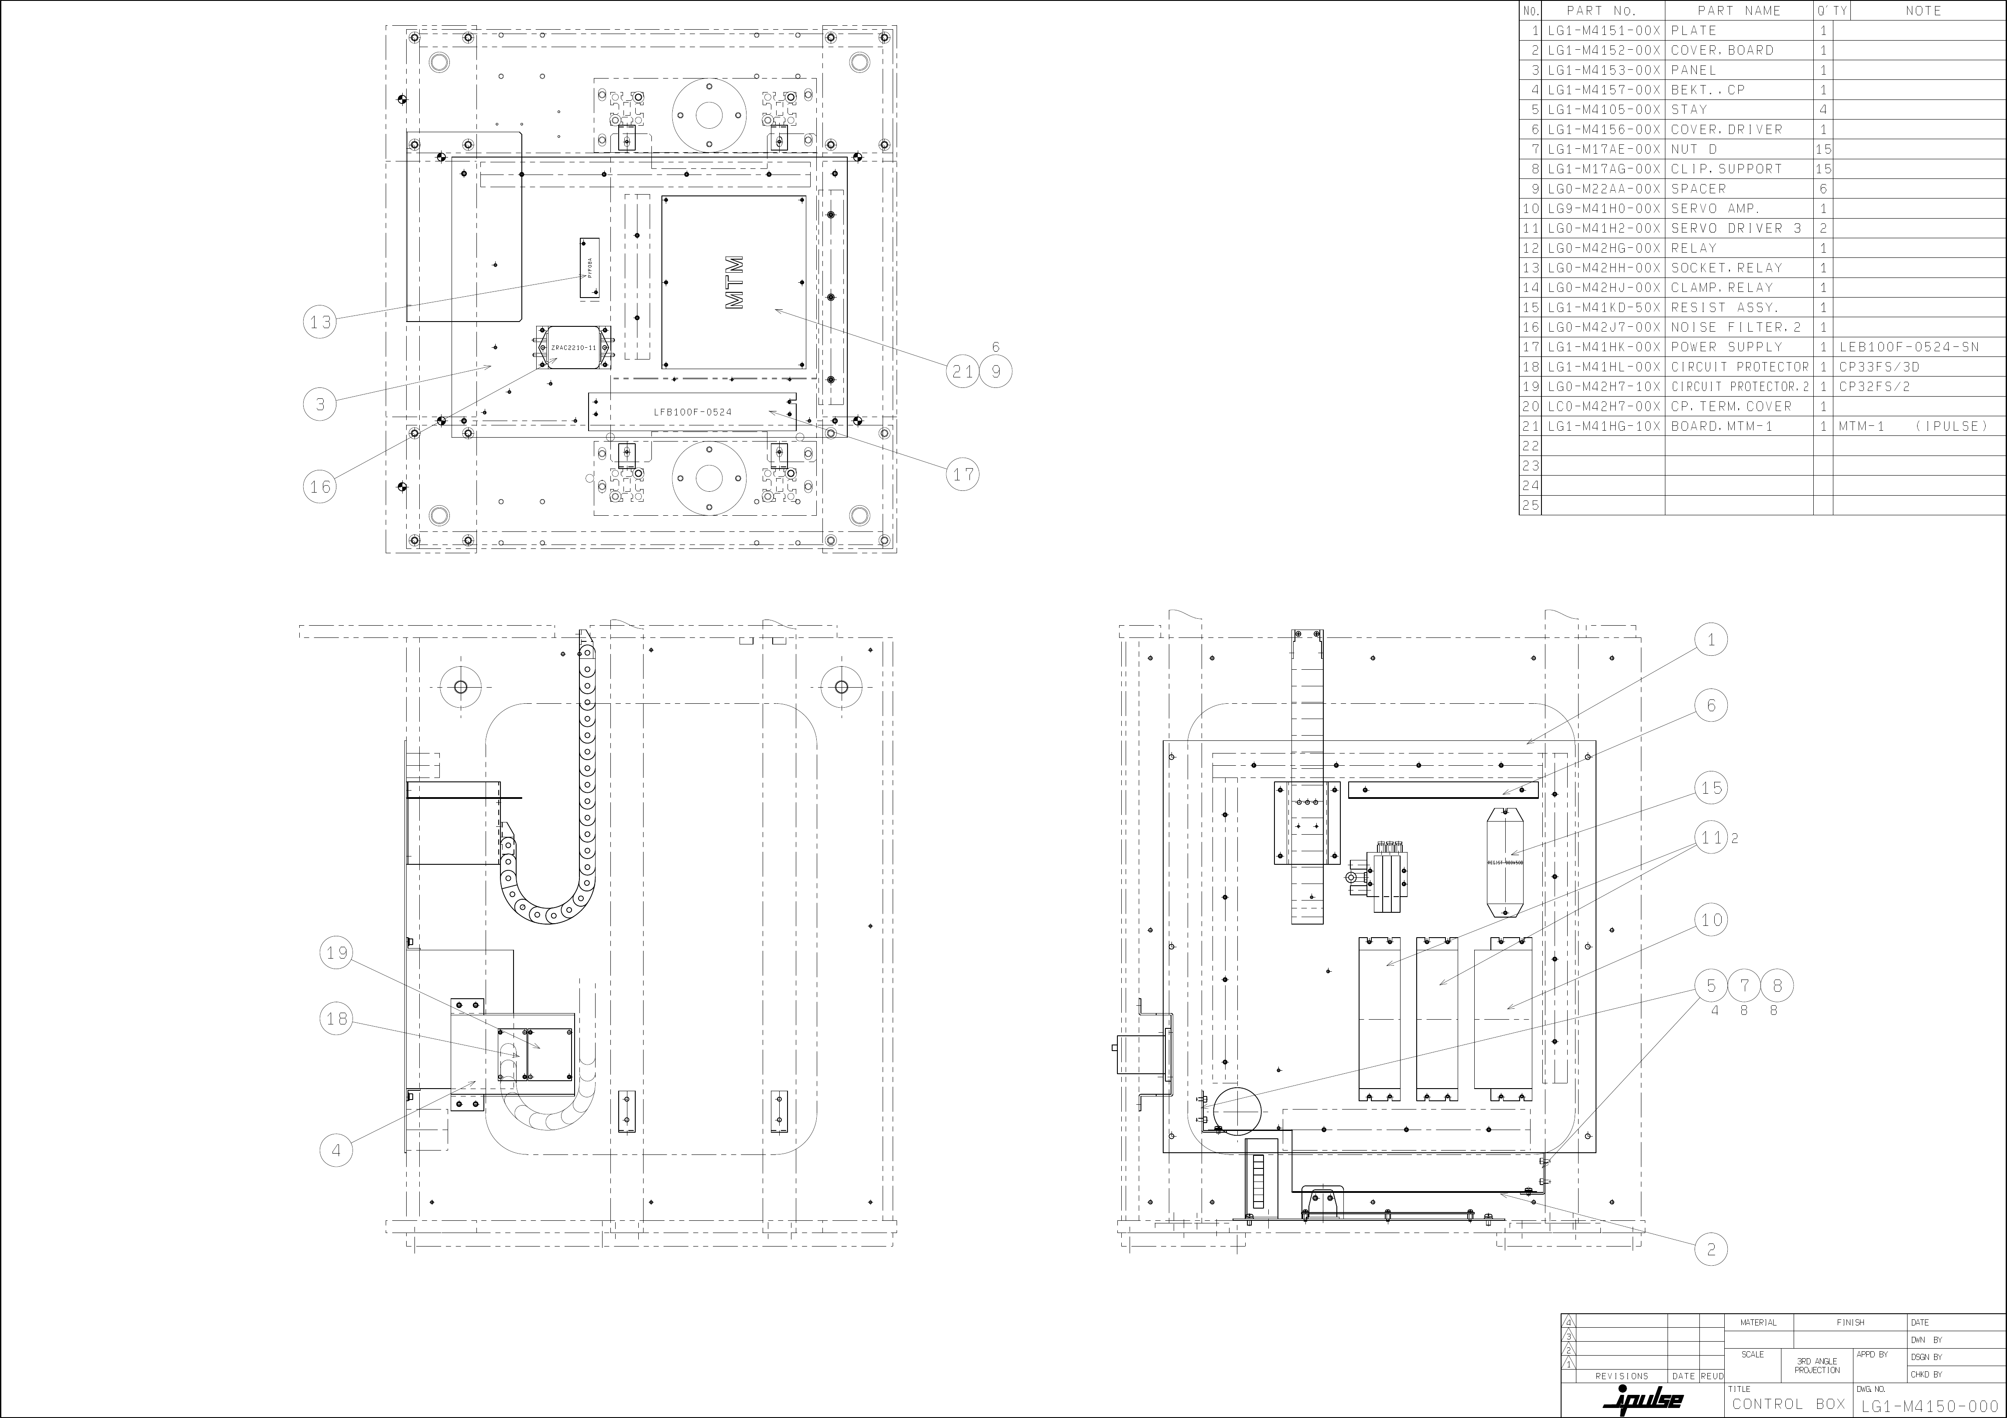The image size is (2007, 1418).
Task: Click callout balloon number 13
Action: [320, 322]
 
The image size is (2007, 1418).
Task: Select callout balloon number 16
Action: [320, 487]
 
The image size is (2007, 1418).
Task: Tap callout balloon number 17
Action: [962, 475]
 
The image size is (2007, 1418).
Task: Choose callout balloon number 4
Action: [337, 1151]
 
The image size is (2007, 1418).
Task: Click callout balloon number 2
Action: [1711, 1249]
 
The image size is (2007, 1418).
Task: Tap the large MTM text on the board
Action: [734, 282]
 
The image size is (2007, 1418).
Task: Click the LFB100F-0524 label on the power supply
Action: [692, 412]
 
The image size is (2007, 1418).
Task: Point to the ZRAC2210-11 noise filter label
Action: [573, 348]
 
